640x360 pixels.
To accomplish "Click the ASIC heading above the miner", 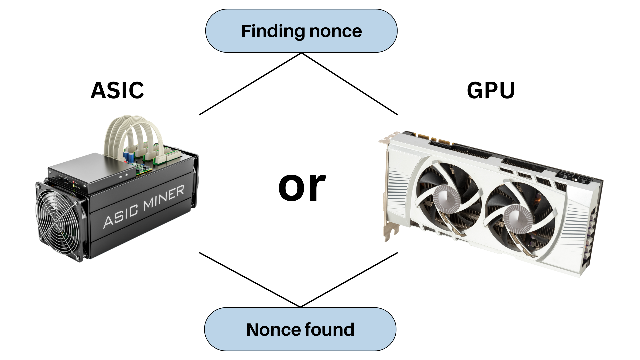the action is (117, 90).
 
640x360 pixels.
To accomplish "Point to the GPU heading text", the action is (491, 90).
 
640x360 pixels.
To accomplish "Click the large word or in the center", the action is (302, 187).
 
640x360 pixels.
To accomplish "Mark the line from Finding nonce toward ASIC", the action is (250, 84).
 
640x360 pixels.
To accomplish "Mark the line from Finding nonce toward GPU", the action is (350, 84).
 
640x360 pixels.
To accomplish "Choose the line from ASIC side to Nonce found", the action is (250, 280).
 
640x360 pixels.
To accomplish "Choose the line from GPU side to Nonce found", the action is (349, 280).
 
